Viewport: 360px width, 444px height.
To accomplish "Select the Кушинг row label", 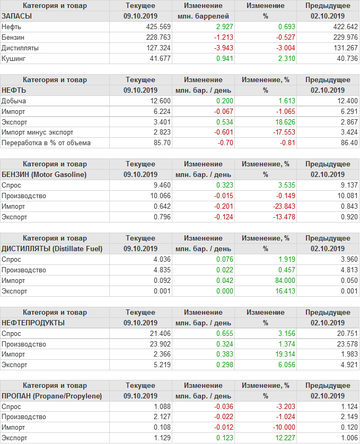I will point(14,58).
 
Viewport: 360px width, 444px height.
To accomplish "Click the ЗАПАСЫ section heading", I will point(17,16).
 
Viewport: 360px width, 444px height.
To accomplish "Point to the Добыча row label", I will point(14,101).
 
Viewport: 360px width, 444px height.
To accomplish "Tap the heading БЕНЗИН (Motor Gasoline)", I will point(44,174).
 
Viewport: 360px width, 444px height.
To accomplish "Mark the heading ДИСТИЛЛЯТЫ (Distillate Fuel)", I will point(52,248).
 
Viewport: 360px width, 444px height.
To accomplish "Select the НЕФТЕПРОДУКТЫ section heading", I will point(33,323).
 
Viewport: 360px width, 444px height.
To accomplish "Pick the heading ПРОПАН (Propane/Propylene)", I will point(52,396).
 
